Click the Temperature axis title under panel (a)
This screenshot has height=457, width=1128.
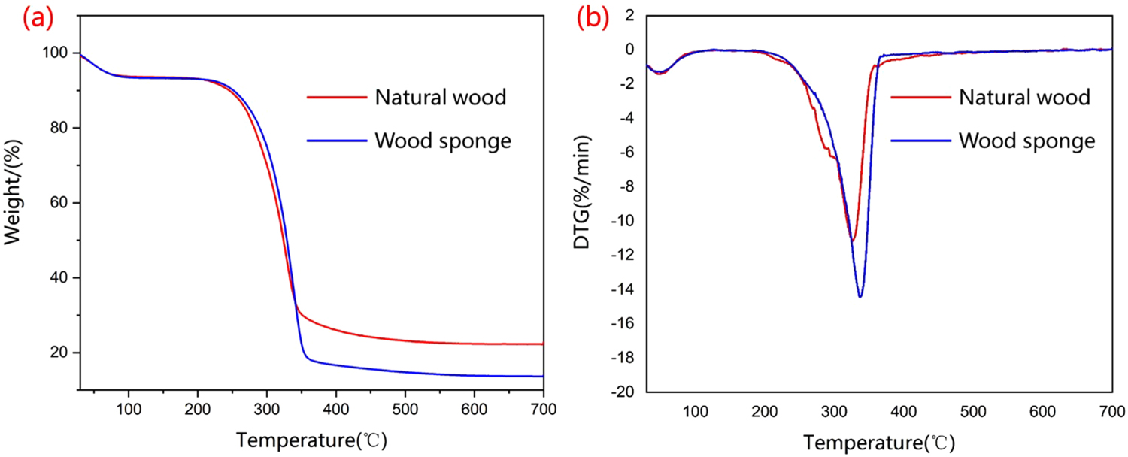point(312,438)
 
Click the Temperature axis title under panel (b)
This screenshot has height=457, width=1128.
point(878,438)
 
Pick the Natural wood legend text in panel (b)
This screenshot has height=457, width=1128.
point(1023,97)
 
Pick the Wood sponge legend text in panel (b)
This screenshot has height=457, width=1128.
point(1026,141)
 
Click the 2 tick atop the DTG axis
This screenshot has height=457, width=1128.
point(635,15)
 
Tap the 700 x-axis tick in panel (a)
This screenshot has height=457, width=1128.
point(543,410)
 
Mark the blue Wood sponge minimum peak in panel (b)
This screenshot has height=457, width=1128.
point(860,297)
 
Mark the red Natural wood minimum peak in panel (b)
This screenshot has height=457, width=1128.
point(852,241)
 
